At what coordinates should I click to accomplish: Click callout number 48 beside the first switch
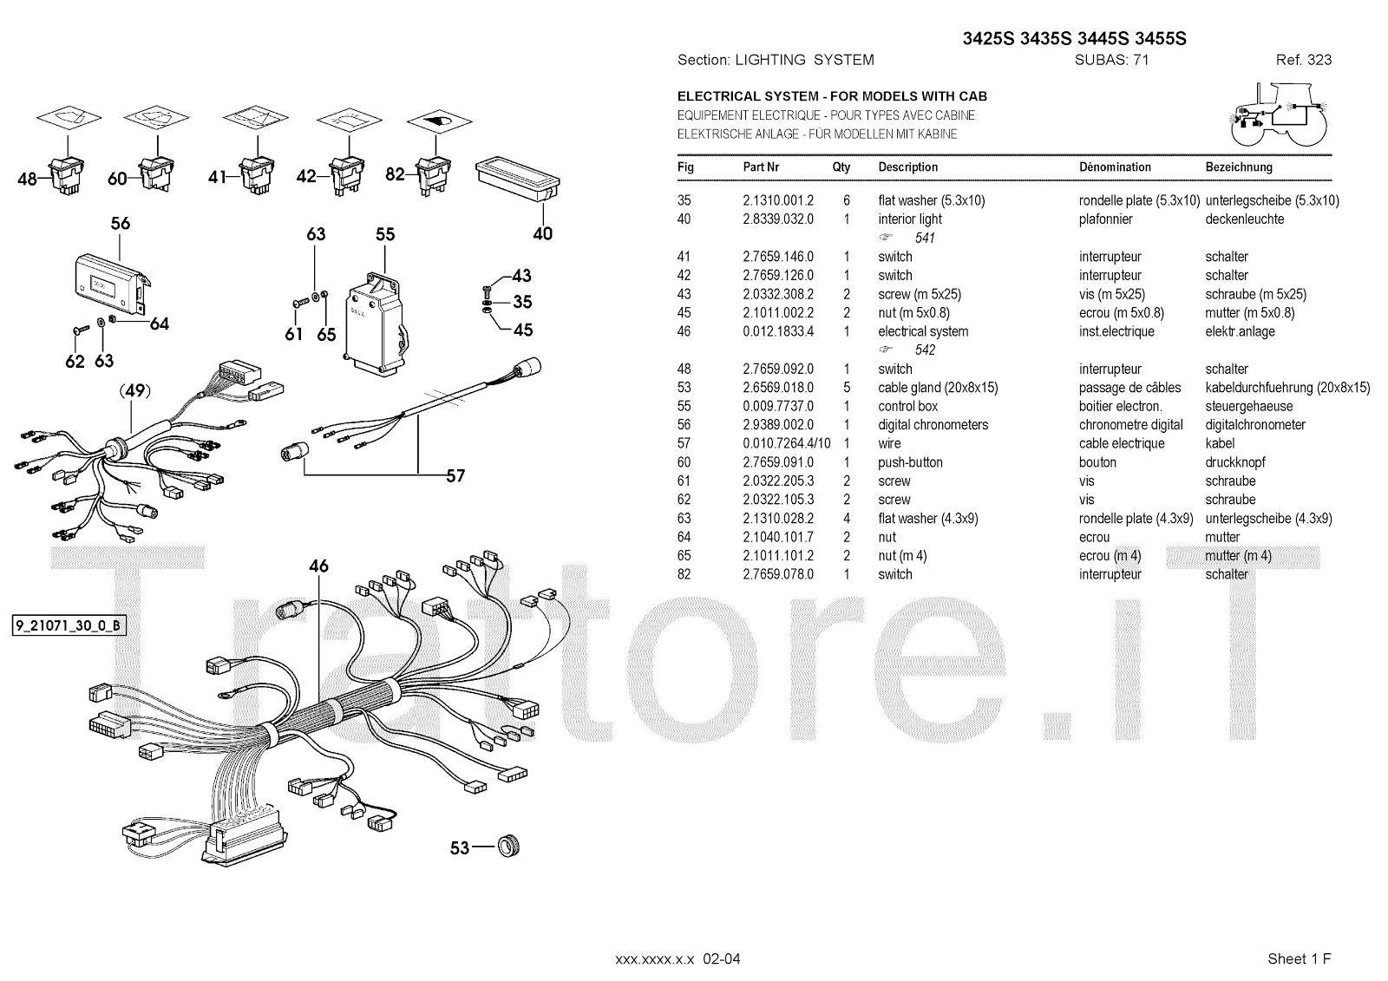[x=27, y=180]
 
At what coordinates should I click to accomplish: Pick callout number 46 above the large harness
[x=318, y=566]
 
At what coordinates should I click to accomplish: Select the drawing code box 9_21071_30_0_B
[x=69, y=625]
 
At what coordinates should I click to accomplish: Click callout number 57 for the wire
[x=455, y=475]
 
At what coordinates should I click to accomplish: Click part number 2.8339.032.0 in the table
[x=778, y=219]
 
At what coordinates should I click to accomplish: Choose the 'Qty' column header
[x=841, y=167]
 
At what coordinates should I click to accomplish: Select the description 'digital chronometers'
[x=933, y=425]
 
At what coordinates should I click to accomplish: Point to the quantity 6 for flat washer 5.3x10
[x=847, y=200]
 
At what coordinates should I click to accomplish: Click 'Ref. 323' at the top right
[x=1303, y=60]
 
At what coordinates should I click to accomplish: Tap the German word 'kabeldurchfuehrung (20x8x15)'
[x=1287, y=388]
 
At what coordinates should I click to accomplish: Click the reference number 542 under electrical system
[x=925, y=350]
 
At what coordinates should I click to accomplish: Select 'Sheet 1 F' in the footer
[x=1299, y=958]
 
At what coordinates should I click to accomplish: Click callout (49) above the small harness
[x=134, y=391]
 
